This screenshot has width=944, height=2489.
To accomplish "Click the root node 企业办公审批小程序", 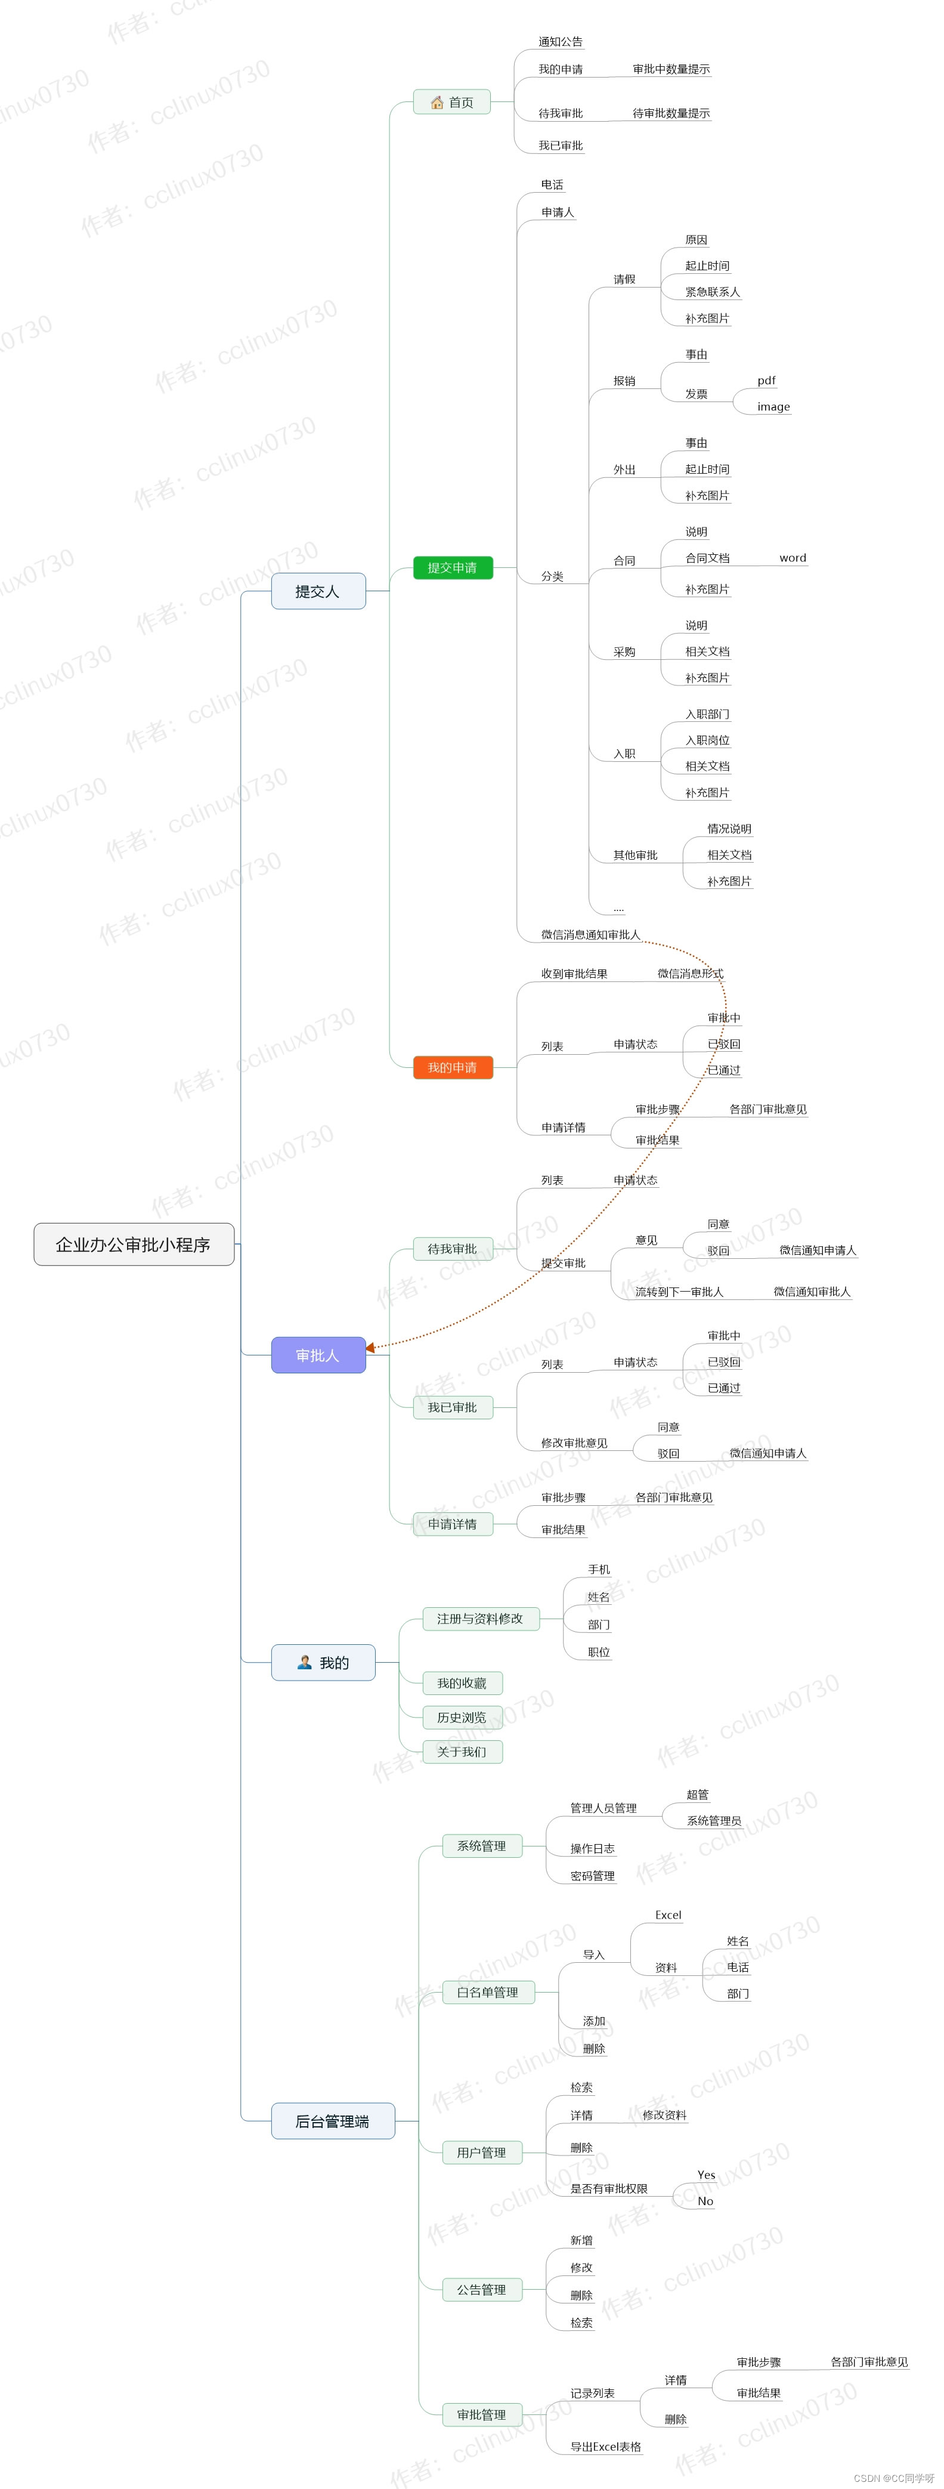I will pos(134,1243).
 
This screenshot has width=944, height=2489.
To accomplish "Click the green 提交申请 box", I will pos(452,567).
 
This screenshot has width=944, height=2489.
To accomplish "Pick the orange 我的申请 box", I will pos(452,1067).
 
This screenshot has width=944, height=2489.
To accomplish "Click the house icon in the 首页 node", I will pos(437,103).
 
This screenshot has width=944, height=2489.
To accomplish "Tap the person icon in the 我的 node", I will pos(304,1662).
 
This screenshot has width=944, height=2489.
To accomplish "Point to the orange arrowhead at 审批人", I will pos(370,1347).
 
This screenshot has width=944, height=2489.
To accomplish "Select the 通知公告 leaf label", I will pos(561,42).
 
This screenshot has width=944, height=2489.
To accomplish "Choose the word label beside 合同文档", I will pos(793,557).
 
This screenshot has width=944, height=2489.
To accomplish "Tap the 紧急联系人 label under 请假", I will pos(712,292).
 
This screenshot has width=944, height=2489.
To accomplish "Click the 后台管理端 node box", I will pos(332,2121).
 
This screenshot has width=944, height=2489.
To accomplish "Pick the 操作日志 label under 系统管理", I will pos(592,1848).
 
